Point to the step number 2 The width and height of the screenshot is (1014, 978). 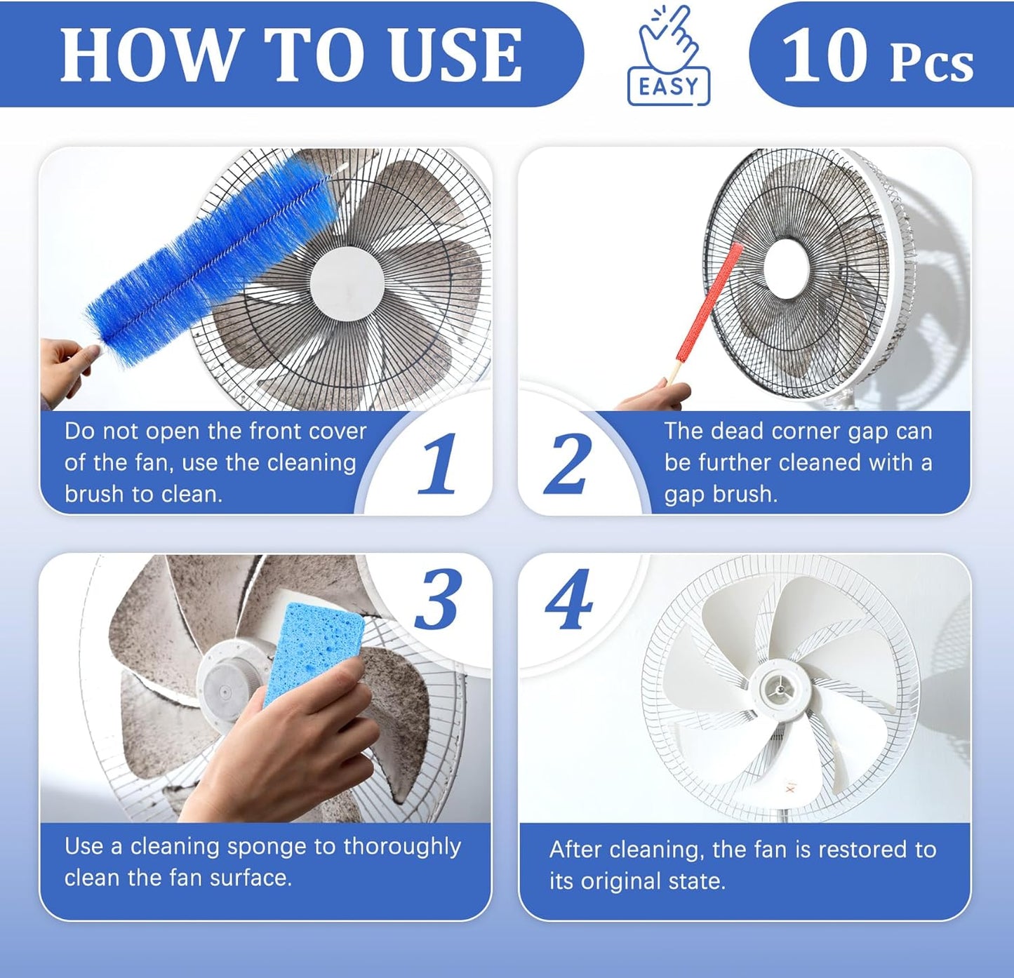pyautogui.click(x=568, y=463)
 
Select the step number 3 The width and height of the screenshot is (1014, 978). pyautogui.click(x=439, y=600)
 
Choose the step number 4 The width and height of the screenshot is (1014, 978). pyautogui.click(x=568, y=600)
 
